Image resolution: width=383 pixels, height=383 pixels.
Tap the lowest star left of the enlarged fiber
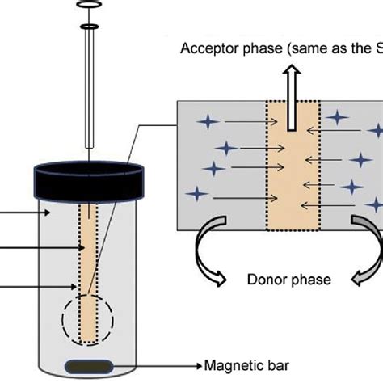point(196,194)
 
